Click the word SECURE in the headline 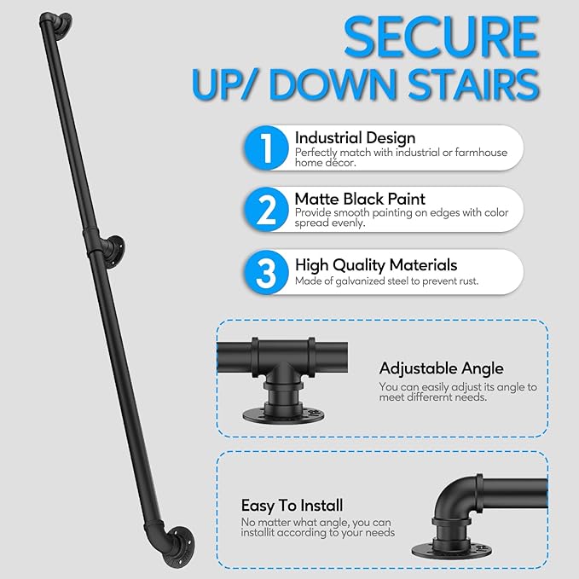(x=440, y=38)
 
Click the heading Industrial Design (x=355, y=137)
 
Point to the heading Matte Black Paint (x=360, y=199)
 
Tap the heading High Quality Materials (x=376, y=265)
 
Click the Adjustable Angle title (x=441, y=368)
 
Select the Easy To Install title (x=292, y=506)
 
